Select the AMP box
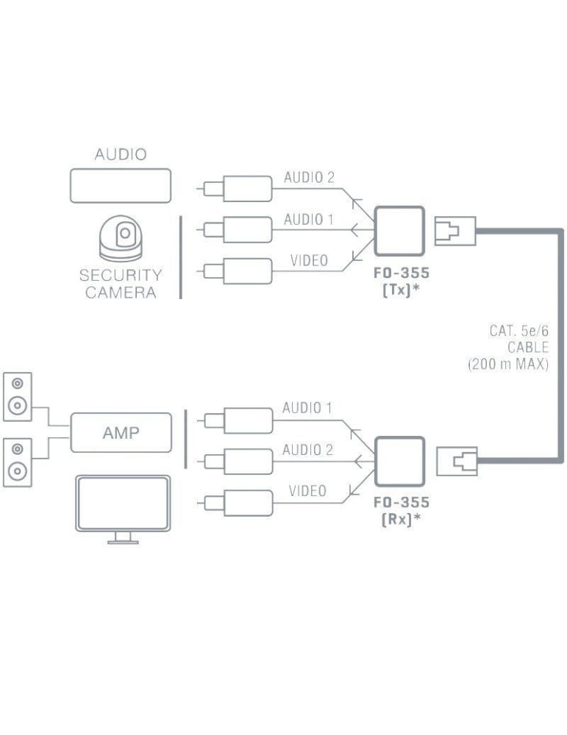click(121, 433)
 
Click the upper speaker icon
click(18, 397)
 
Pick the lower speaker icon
click(18, 462)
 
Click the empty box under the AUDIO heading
click(121, 186)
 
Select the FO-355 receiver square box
click(399, 462)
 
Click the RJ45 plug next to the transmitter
click(456, 231)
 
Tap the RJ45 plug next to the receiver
click(456, 462)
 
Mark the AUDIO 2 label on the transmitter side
click(309, 177)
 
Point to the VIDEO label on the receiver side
click(307, 491)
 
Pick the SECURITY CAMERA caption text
click(120, 283)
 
